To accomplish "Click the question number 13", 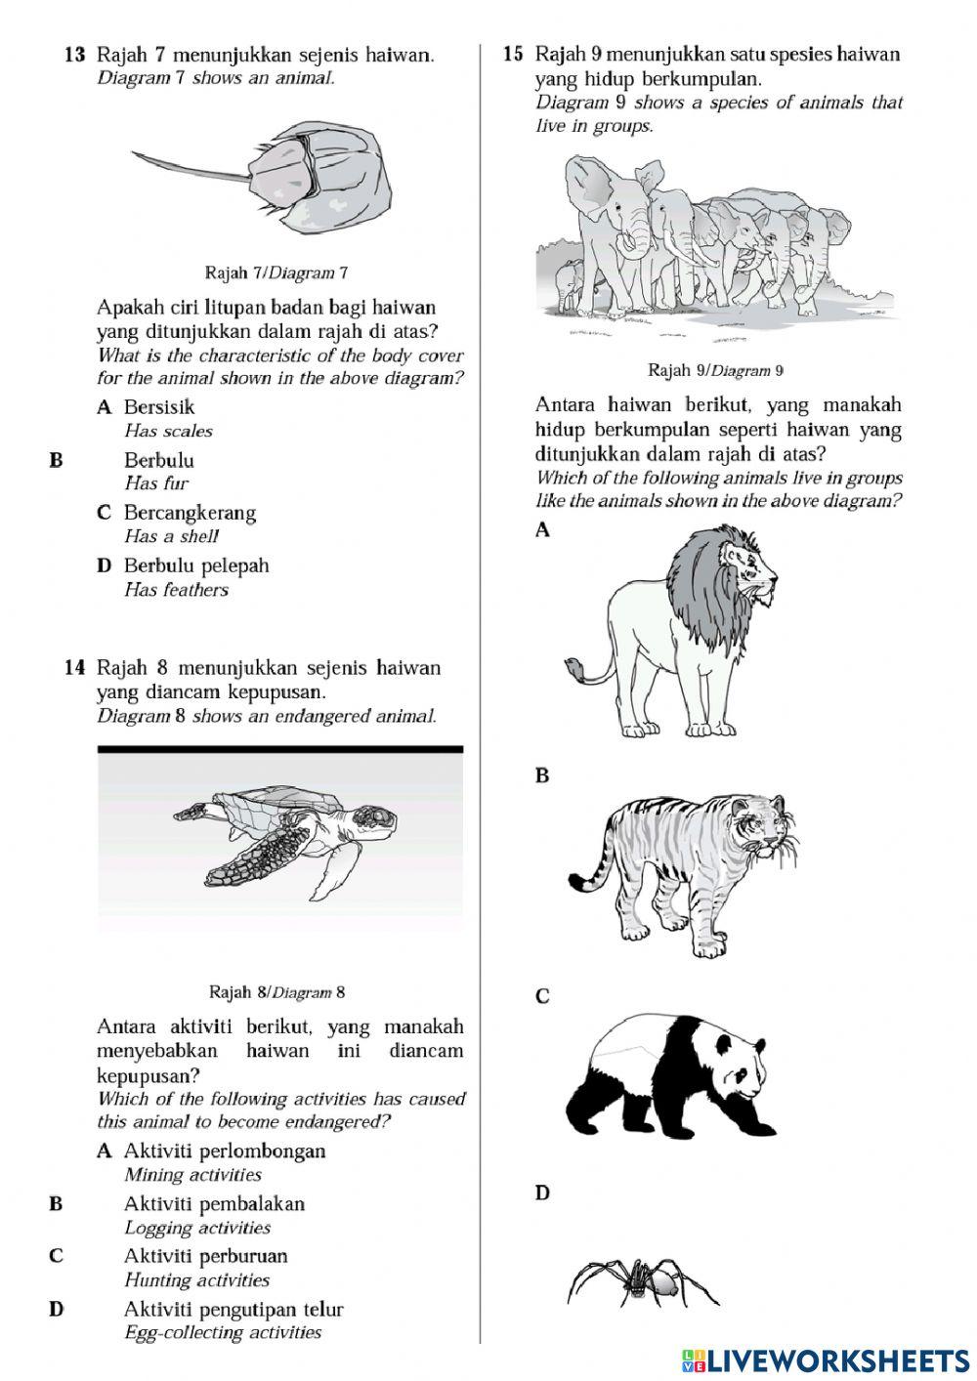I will click(74, 56).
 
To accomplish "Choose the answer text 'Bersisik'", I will click(159, 407).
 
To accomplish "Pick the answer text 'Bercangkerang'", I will click(190, 513).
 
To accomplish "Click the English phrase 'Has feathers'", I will click(176, 590).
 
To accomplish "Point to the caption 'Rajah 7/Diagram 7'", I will click(276, 272).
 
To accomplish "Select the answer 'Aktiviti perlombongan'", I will click(225, 1151).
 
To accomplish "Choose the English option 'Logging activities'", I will click(197, 1228).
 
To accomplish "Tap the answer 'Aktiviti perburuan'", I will click(205, 1256).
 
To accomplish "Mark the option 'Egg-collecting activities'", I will click(223, 1332).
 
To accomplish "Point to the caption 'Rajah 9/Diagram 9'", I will click(716, 370).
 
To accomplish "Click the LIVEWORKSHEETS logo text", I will click(836, 1360).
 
